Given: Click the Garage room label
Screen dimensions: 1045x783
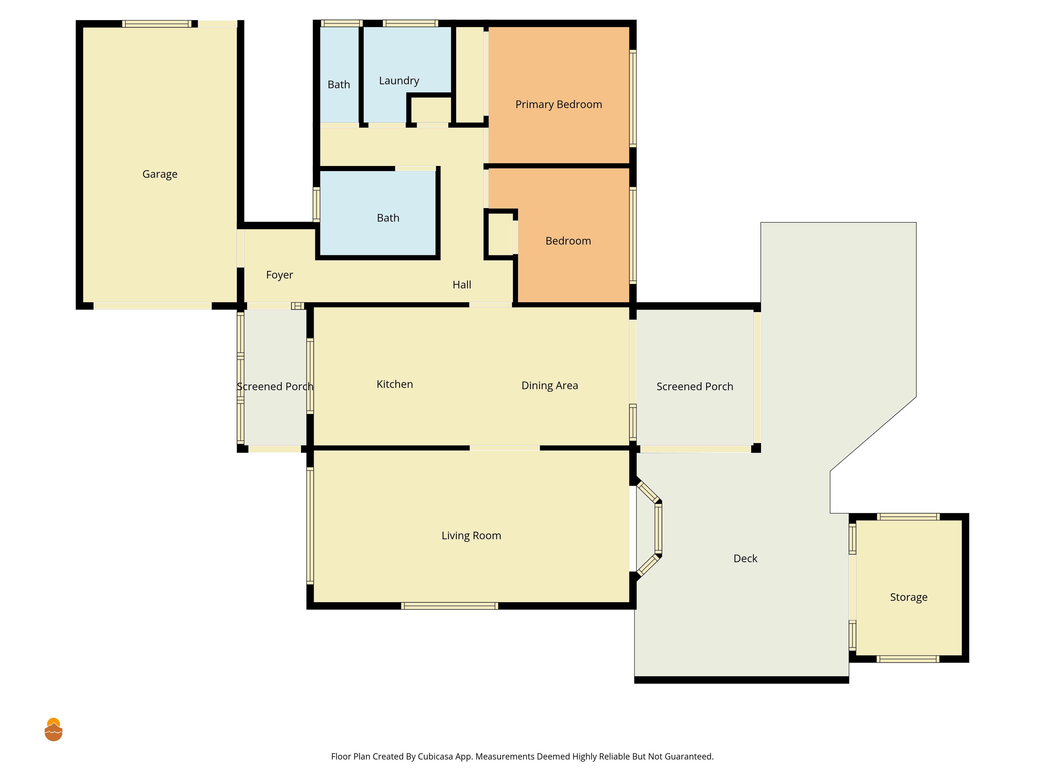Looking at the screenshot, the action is [160, 174].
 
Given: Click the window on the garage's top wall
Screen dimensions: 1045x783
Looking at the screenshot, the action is [157, 23].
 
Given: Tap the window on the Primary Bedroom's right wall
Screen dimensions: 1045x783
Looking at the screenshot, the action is [633, 98].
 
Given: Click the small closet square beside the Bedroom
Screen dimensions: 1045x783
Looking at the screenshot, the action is [500, 235].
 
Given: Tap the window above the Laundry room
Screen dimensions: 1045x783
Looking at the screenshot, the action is [410, 23].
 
